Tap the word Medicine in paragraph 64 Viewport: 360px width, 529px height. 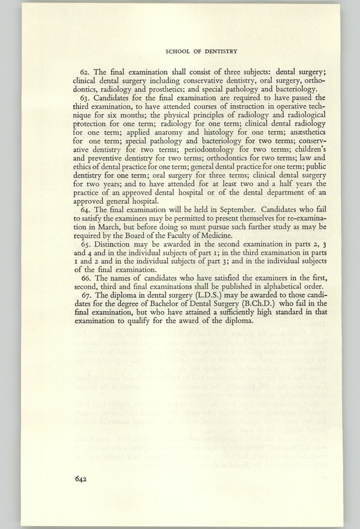click(214, 237)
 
